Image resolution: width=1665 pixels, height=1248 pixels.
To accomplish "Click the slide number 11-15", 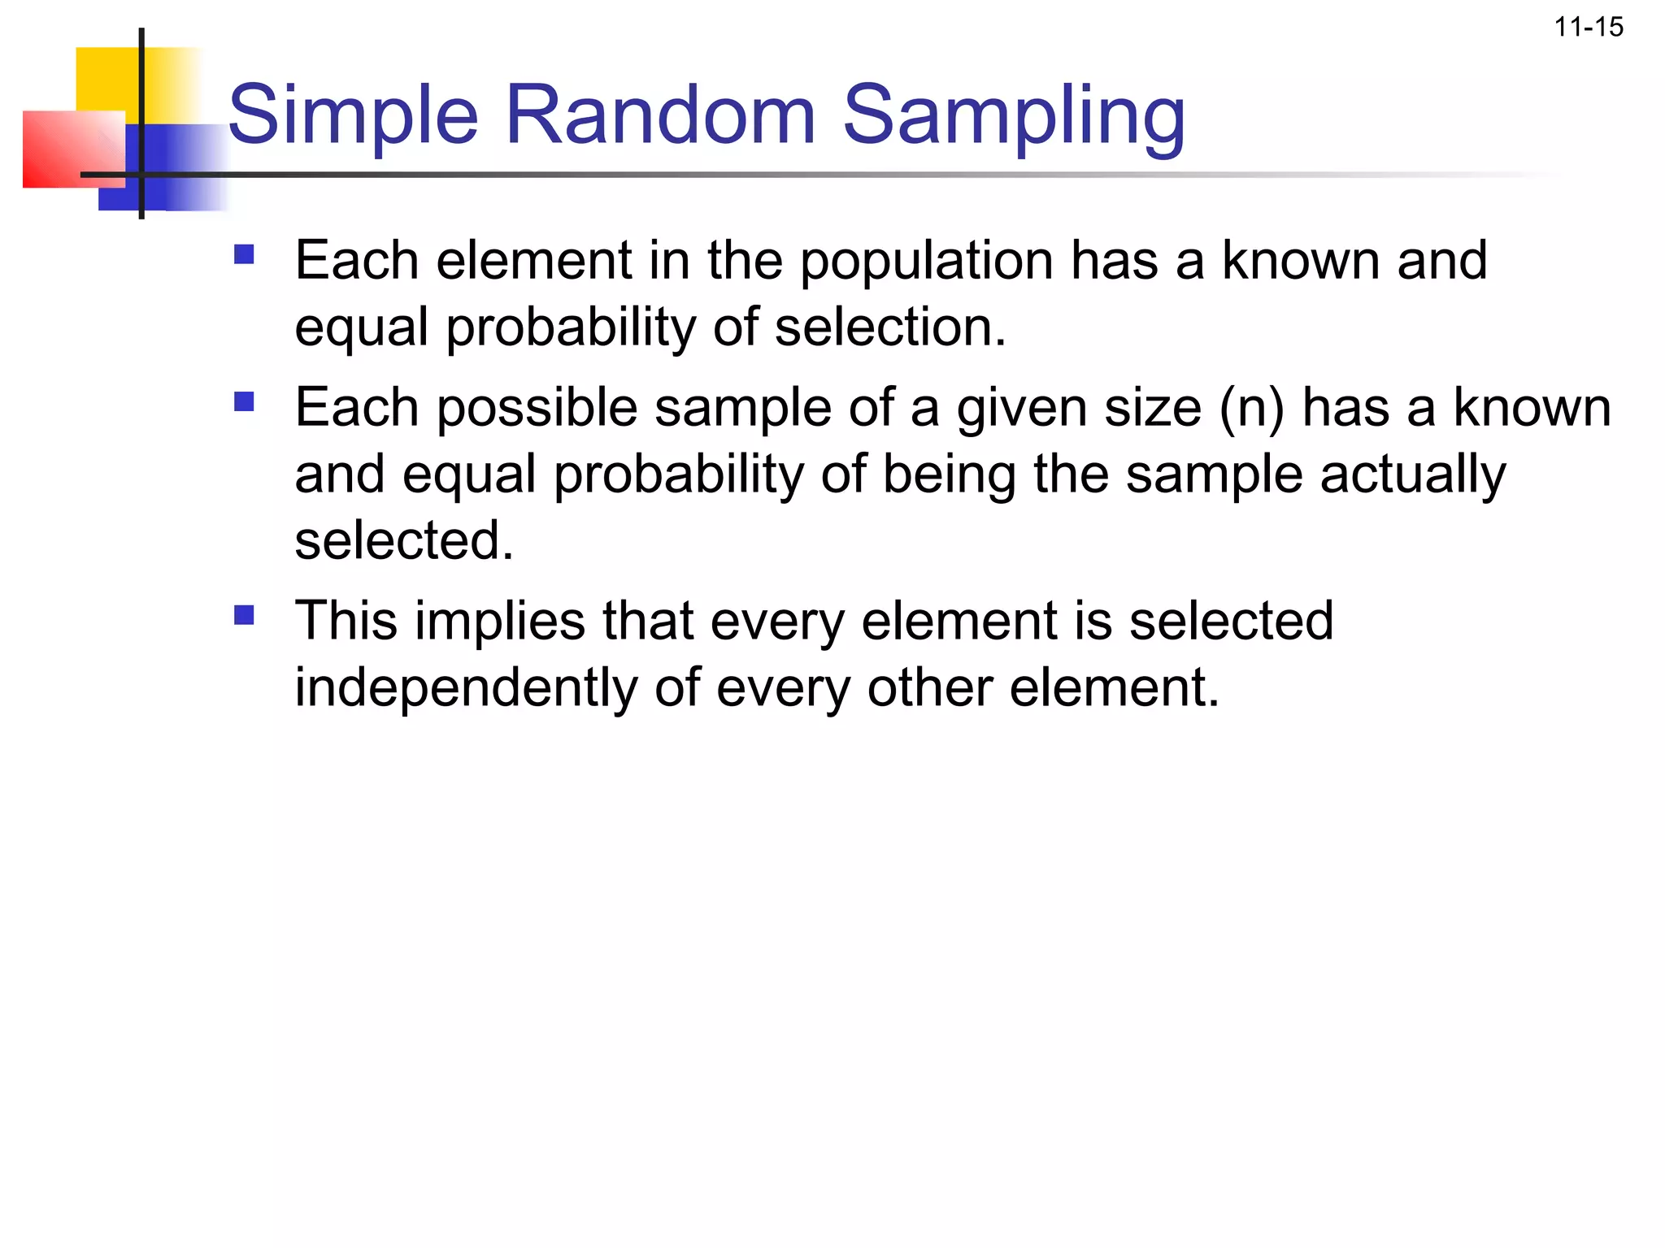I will click(x=1589, y=28).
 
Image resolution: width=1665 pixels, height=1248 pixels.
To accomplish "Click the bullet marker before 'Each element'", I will click(x=244, y=255).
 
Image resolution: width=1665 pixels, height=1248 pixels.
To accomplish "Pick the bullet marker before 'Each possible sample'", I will click(x=244, y=402).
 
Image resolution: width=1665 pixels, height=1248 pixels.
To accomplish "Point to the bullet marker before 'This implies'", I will click(x=244, y=615).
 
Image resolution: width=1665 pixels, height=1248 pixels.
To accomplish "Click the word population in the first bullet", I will click(x=927, y=262).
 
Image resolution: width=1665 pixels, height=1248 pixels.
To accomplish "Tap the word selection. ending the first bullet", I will click(x=890, y=327).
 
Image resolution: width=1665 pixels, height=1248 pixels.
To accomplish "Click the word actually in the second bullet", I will click(x=1412, y=475).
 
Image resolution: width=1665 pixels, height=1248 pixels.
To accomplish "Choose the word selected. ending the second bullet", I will click(x=404, y=541).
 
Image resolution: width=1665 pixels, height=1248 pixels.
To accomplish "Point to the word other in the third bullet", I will click(x=930, y=688).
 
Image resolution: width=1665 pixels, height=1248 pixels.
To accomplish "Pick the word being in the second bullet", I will click(x=950, y=475).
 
